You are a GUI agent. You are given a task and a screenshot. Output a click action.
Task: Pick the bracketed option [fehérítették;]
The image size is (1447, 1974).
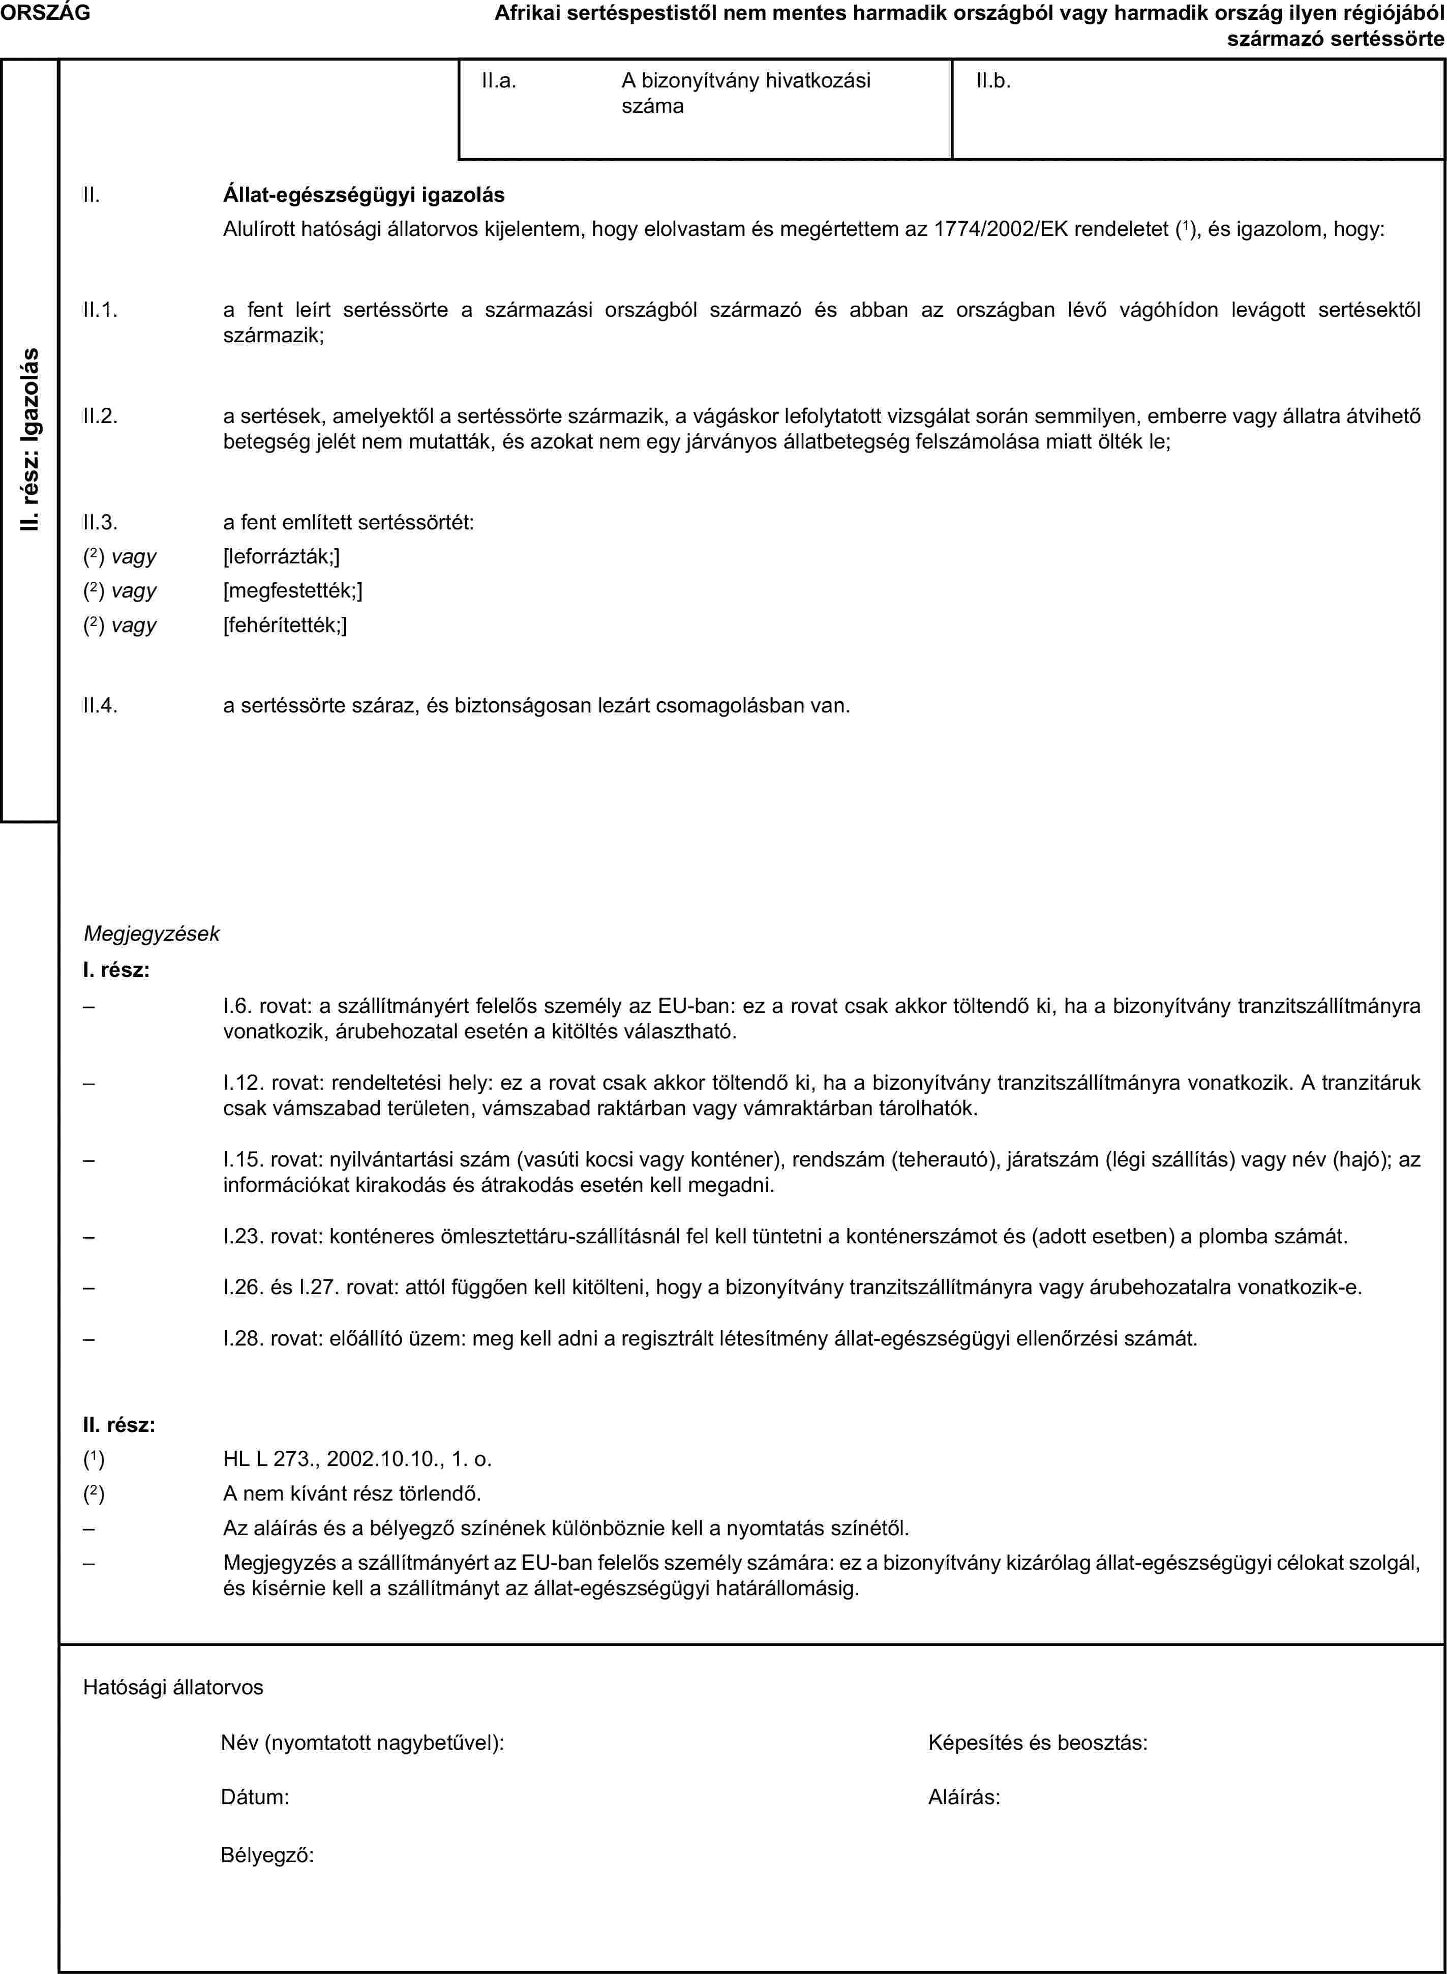coord(285,624)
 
